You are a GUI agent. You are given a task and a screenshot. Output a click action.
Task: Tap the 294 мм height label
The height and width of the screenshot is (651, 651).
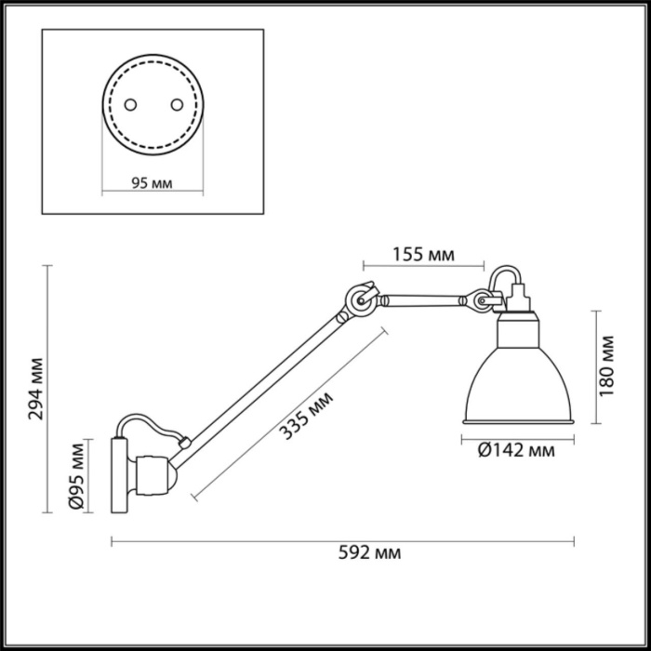[x=34, y=388]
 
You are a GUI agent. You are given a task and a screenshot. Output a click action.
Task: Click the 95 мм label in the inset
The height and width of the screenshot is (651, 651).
[x=152, y=183]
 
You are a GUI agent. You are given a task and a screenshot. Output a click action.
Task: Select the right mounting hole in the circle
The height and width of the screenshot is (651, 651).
[x=170, y=103]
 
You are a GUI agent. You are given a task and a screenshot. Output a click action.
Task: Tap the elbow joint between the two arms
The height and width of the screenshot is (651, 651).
[x=360, y=299]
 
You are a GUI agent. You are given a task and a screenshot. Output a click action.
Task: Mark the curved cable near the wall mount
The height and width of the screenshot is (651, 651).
[x=153, y=430]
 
